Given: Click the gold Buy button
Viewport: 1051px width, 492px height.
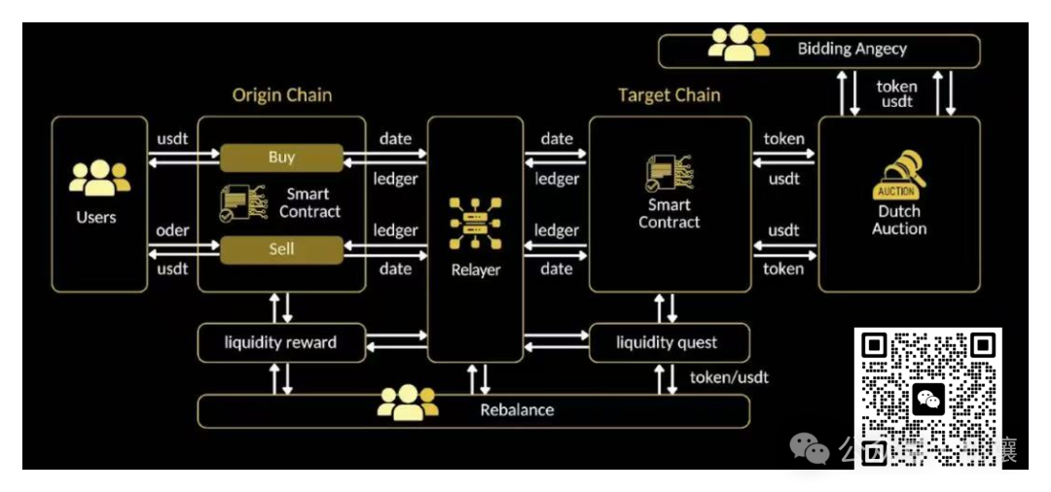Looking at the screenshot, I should (281, 158).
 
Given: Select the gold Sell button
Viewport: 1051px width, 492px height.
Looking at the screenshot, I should (281, 250).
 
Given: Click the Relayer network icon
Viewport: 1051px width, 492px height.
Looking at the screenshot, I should (475, 223).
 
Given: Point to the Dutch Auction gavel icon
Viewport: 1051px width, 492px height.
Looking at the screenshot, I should (896, 175).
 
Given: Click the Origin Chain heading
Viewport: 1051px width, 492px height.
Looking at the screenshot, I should (281, 95).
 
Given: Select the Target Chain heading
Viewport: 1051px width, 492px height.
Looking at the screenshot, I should (669, 95).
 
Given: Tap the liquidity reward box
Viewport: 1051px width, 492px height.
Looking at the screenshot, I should (280, 342).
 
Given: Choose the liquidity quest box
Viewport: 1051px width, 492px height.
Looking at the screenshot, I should (668, 342).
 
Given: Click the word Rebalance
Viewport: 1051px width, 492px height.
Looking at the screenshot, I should (517, 410).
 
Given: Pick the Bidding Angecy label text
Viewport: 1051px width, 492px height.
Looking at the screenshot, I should (852, 49).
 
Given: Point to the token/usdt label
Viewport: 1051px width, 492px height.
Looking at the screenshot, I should (729, 377).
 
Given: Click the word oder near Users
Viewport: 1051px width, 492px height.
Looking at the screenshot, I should (172, 231).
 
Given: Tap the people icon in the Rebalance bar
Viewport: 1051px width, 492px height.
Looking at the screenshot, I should (408, 403).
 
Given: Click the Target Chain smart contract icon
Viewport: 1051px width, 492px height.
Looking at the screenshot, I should (669, 172).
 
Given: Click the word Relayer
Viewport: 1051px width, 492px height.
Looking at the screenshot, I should (475, 269).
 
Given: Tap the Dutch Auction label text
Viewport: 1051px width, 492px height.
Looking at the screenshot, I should (899, 220).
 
